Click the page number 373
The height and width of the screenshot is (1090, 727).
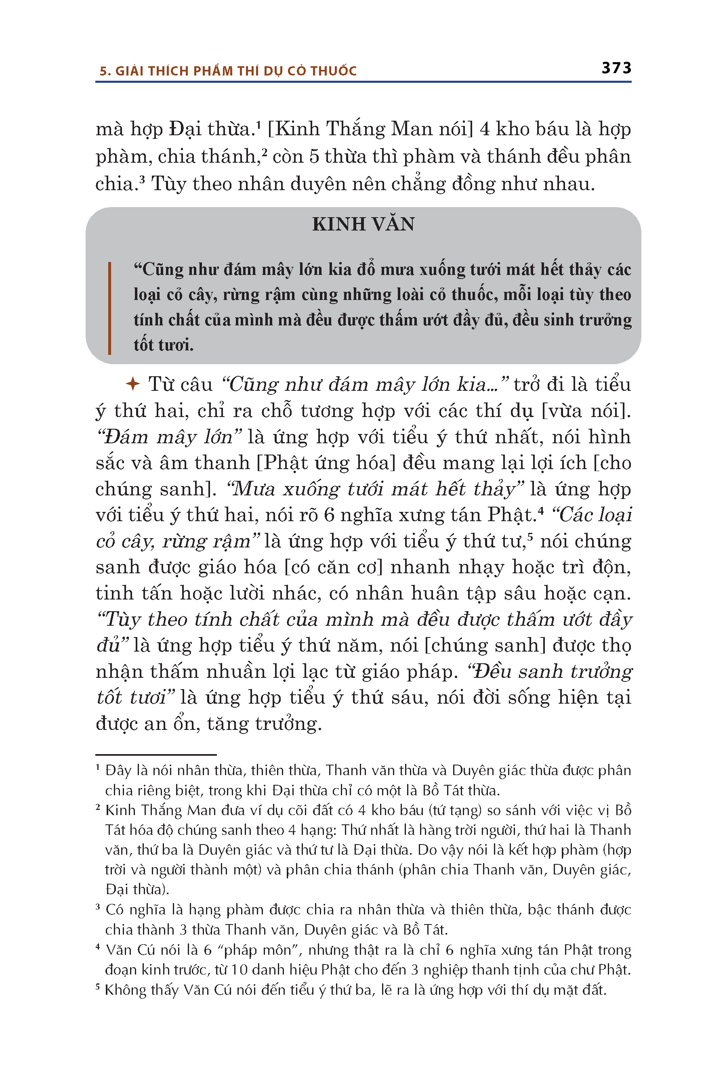616,68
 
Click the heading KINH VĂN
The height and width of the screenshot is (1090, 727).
363,224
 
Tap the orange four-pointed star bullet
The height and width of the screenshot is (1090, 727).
133,384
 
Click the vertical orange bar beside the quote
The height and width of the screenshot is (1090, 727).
109,308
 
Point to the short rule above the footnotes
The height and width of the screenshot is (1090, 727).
156,755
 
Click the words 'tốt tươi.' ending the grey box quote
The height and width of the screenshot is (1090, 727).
163,345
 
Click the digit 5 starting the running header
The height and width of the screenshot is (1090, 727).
103,71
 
